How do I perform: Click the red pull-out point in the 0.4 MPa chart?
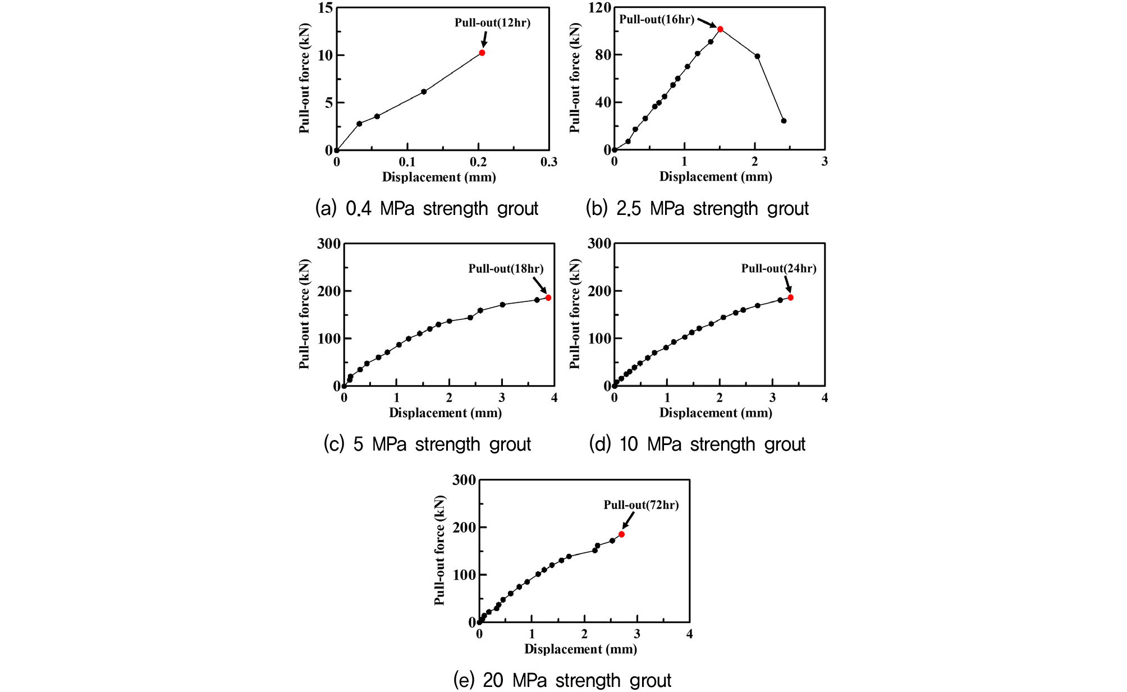point(482,53)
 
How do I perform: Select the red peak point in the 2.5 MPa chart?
point(720,29)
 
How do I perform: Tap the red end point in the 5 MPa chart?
point(548,297)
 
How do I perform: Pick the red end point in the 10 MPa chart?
point(790,297)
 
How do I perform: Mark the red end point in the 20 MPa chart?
point(621,534)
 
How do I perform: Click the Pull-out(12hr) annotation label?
point(492,23)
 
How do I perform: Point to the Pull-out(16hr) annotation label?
point(657,20)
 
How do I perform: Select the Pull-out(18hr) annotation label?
point(506,269)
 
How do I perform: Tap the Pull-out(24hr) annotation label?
point(778,269)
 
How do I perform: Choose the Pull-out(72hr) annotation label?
point(641,505)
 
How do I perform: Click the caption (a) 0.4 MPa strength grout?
point(427,209)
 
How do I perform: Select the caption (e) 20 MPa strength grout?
point(562,681)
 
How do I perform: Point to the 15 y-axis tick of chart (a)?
point(326,8)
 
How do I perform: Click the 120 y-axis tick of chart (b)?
point(599,8)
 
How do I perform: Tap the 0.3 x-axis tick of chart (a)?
point(549,162)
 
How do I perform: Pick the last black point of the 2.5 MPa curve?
point(784,121)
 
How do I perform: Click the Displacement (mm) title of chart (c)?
point(445,413)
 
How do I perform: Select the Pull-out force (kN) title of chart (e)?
point(439,550)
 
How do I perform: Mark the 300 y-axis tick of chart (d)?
point(599,244)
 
